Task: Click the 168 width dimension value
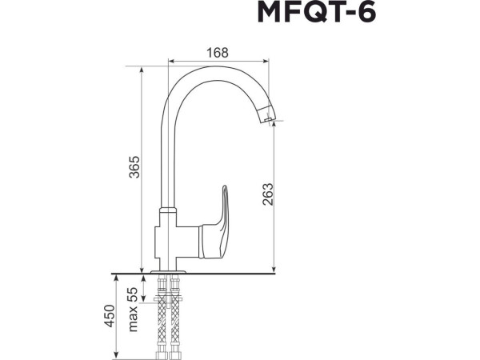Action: click(x=217, y=53)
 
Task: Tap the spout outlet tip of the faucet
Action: click(x=269, y=119)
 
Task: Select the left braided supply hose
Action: click(x=163, y=316)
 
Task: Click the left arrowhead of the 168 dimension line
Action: click(x=169, y=60)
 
